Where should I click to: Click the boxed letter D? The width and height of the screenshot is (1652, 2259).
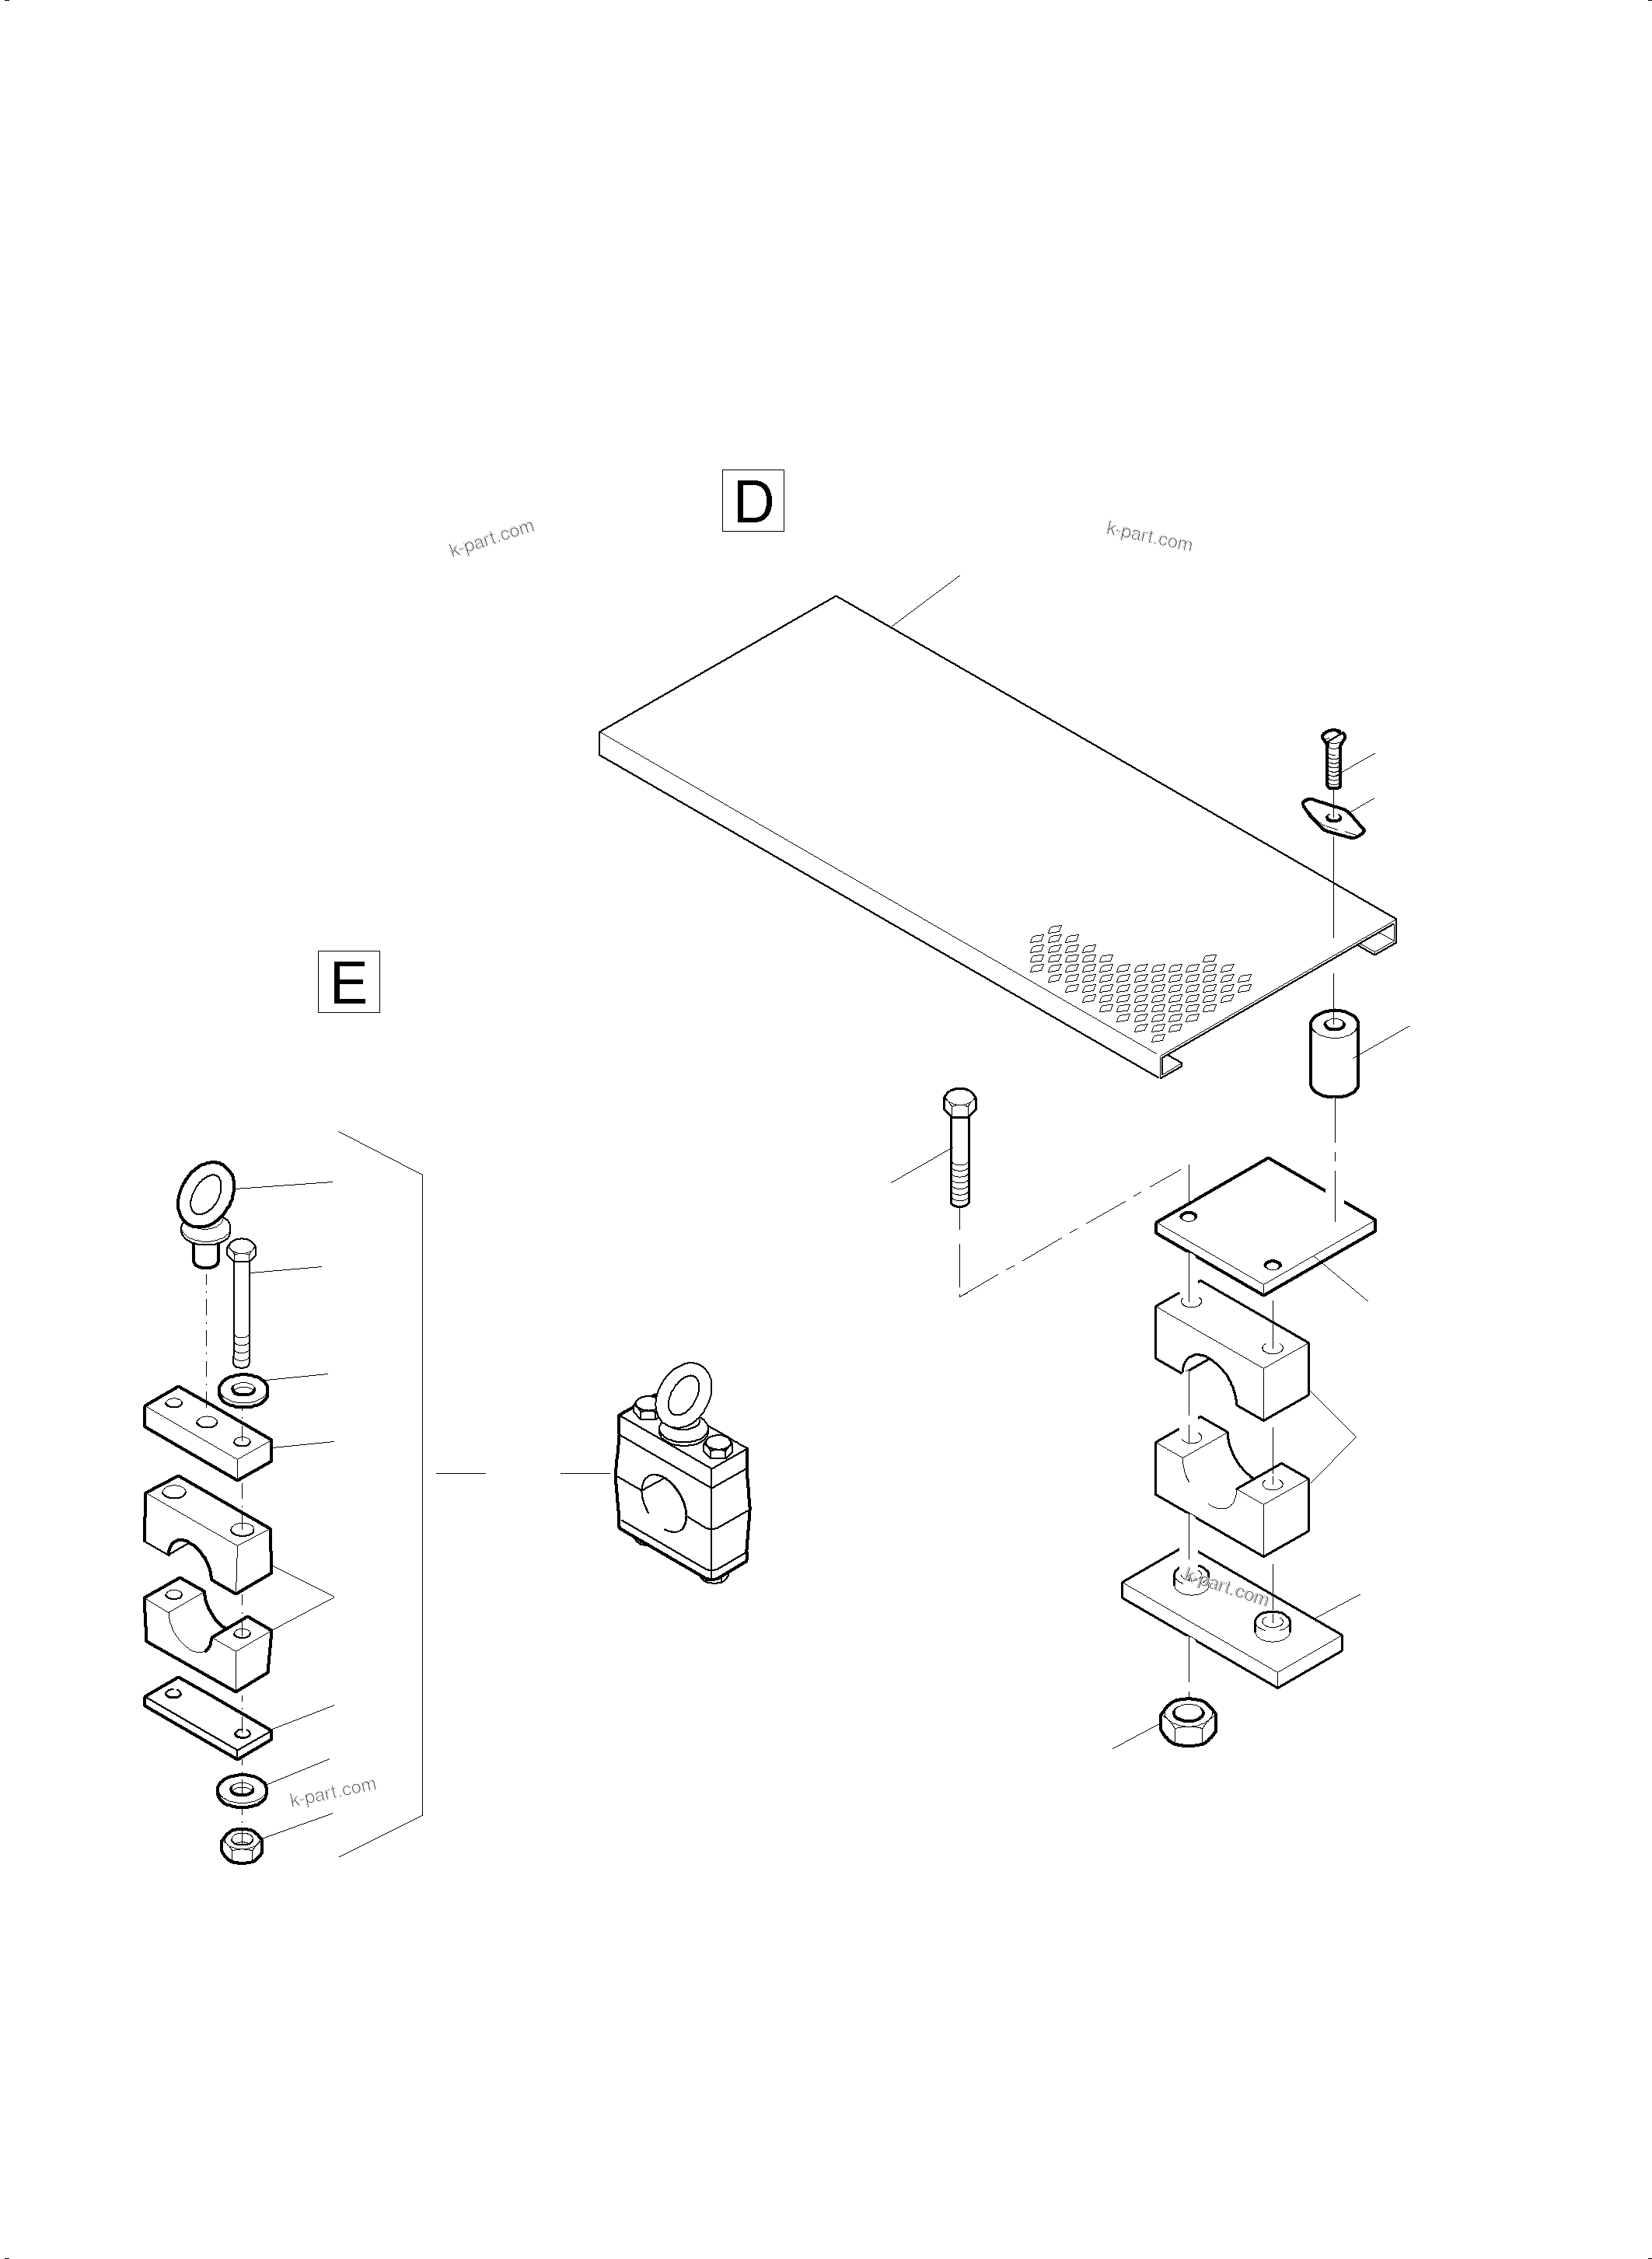753,500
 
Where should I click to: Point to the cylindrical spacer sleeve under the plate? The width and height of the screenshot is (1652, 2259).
1335,1054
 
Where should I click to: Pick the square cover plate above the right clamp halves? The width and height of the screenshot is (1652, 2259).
1265,1226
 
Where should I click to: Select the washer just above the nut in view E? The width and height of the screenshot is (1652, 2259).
241,1790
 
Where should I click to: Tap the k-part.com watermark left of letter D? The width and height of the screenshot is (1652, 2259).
492,538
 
